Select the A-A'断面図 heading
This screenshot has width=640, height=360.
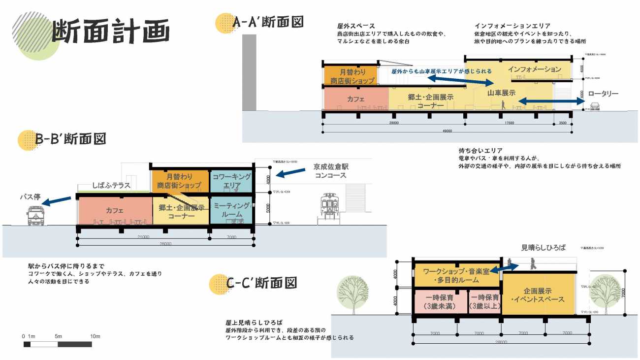pyautogui.click(x=268, y=22)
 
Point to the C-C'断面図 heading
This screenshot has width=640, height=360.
pyautogui.click(x=262, y=283)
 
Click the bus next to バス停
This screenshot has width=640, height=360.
pyautogui.click(x=36, y=216)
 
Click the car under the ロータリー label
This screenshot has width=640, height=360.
pyautogui.click(x=594, y=106)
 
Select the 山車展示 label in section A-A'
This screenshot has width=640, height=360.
pyautogui.click(x=501, y=93)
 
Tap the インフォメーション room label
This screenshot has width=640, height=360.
pyautogui.click(x=534, y=69)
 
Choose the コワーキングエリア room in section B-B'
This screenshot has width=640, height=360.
pyautogui.click(x=231, y=181)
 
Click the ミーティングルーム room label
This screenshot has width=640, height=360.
pyautogui.click(x=231, y=210)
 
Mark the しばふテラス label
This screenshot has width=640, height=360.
pyautogui.click(x=111, y=186)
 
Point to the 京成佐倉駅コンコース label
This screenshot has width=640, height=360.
pyautogui.click(x=330, y=171)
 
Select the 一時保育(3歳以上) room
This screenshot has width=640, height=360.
pyautogui.click(x=485, y=302)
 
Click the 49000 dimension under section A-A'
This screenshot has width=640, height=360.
pyautogui.click(x=447, y=131)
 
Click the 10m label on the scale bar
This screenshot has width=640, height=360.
pyautogui.click(x=95, y=336)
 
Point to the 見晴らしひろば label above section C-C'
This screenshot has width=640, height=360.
pyautogui.click(x=544, y=247)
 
